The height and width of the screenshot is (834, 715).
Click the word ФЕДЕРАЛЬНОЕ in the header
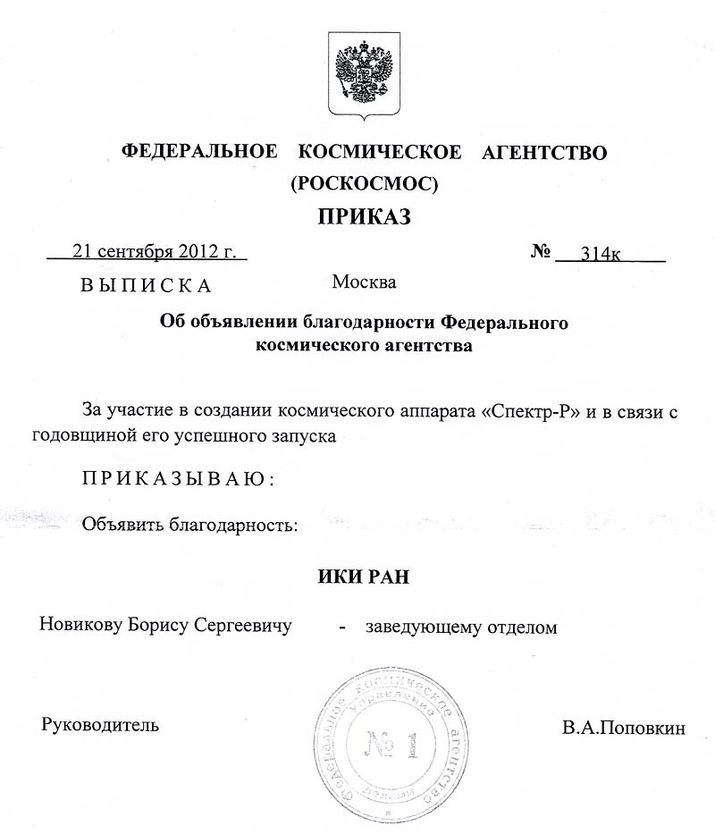[x=198, y=152]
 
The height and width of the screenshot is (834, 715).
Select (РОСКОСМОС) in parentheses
[x=364, y=184]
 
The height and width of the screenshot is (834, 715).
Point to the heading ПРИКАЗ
[x=363, y=218]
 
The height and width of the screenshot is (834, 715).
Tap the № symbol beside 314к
[x=540, y=251]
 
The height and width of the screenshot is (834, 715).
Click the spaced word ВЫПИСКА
[x=145, y=286]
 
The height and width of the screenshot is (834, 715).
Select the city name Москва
[x=364, y=282]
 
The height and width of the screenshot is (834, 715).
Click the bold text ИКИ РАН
[x=363, y=577]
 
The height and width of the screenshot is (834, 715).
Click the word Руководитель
[x=101, y=724]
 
